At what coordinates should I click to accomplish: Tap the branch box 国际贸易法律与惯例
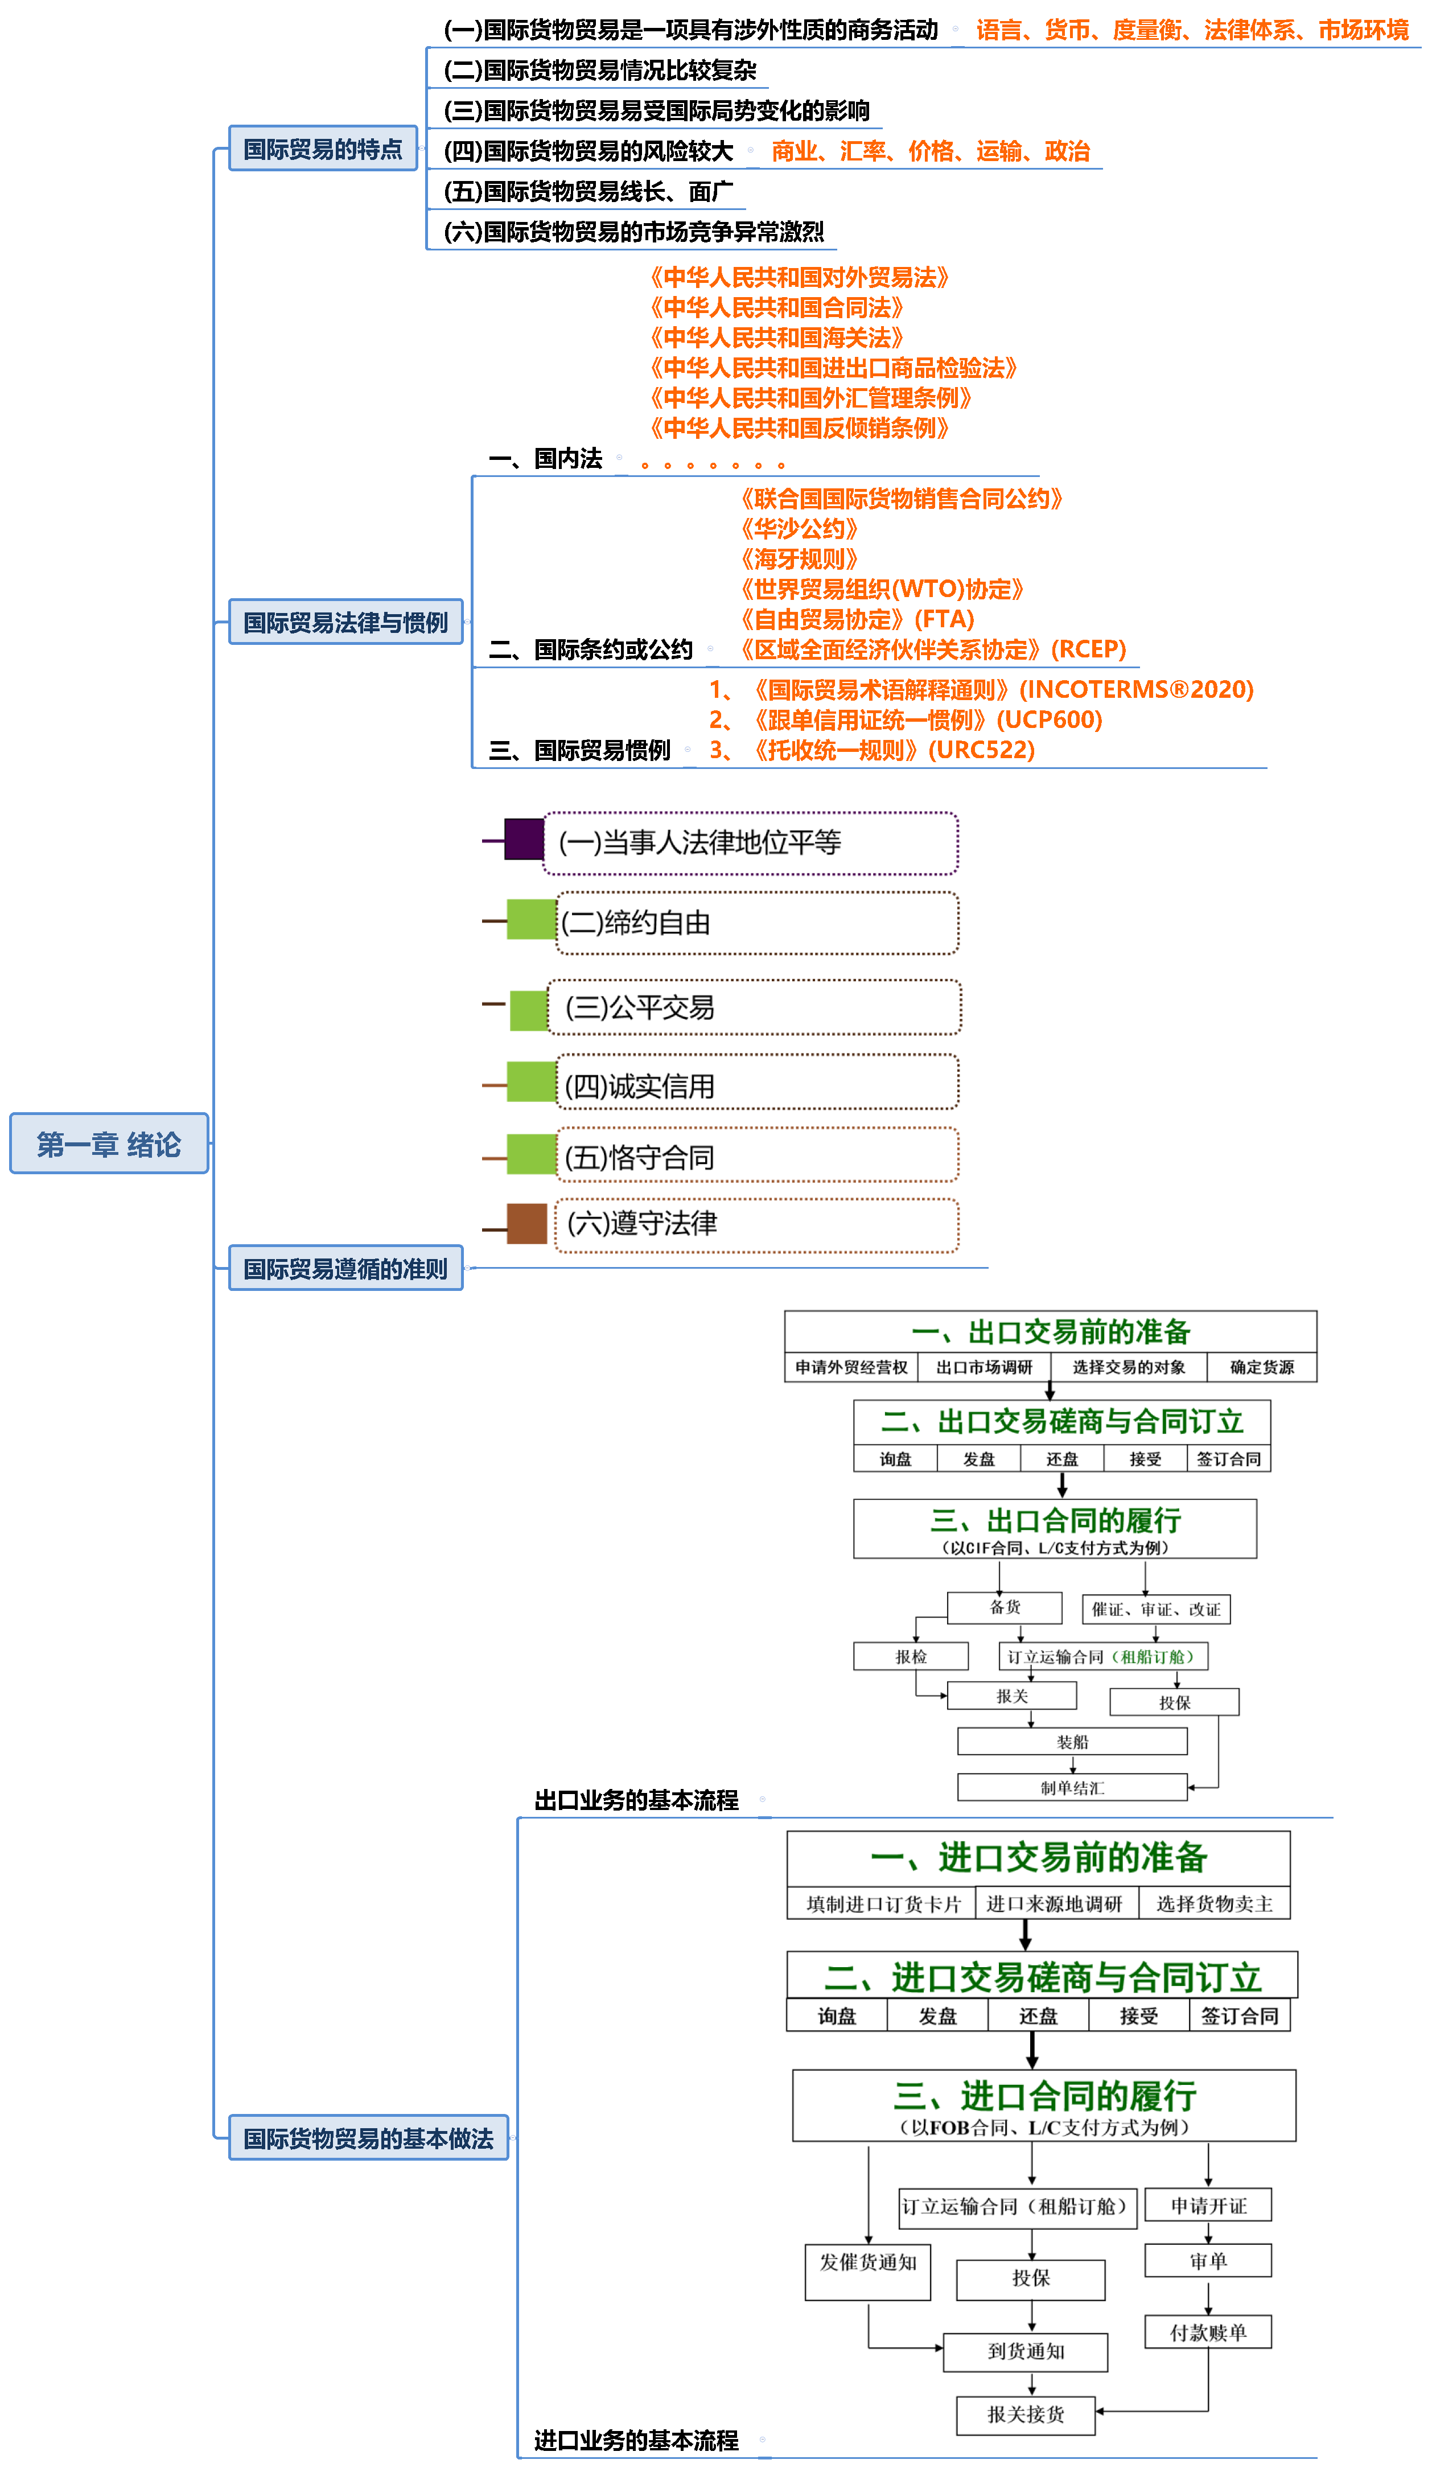[x=345, y=622]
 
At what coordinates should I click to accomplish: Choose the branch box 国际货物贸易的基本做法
[x=368, y=2138]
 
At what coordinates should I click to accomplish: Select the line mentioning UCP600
[x=906, y=720]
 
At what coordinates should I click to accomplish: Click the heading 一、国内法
[x=546, y=458]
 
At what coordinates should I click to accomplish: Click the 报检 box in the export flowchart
[x=910, y=1656]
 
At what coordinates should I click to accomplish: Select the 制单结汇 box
[x=1072, y=1787]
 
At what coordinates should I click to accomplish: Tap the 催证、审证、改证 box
[x=1156, y=1609]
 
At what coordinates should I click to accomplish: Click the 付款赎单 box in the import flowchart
[x=1208, y=2332]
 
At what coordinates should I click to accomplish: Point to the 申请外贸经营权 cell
[x=850, y=1367]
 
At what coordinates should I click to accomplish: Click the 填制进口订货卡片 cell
[x=883, y=1904]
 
